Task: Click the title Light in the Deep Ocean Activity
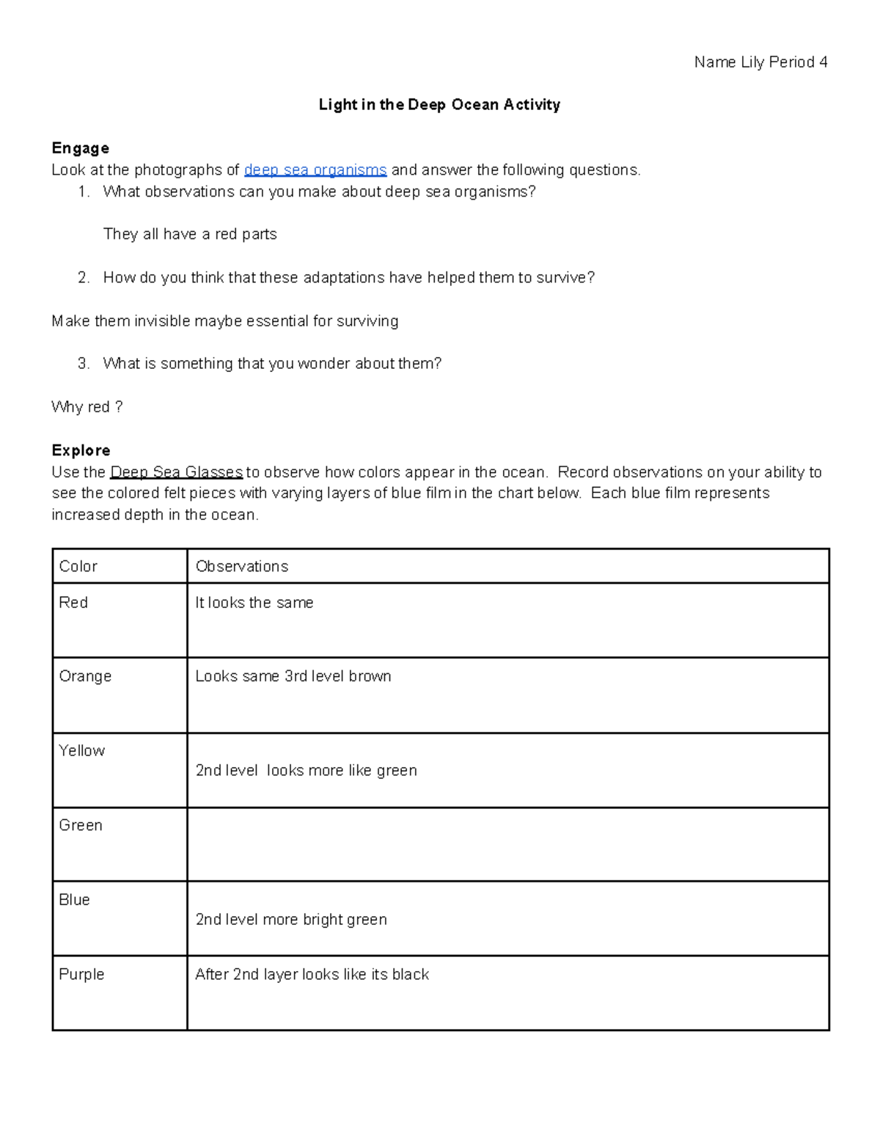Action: click(439, 105)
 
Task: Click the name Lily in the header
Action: click(752, 62)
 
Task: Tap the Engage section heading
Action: click(80, 148)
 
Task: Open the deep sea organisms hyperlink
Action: click(315, 170)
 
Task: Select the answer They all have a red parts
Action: click(190, 234)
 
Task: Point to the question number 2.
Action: click(83, 277)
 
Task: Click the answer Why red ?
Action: click(87, 407)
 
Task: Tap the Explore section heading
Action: click(81, 450)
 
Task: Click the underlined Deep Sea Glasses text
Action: click(176, 472)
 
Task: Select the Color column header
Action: click(78, 566)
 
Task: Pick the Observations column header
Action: click(241, 566)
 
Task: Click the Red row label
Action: click(73, 602)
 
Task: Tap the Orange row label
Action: click(85, 676)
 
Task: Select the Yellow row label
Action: click(81, 750)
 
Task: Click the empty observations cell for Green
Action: click(507, 844)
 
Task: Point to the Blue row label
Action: click(74, 900)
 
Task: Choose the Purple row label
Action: click(81, 975)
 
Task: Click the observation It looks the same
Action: click(254, 603)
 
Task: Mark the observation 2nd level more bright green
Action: click(290, 920)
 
